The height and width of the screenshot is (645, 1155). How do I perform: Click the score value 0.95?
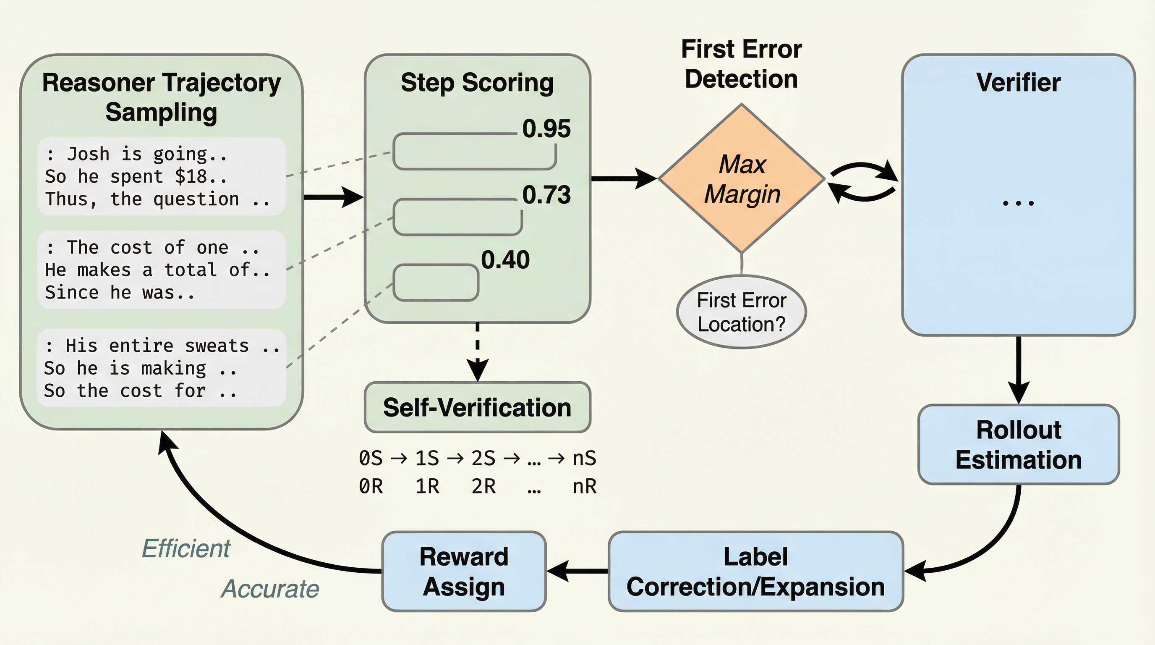click(546, 129)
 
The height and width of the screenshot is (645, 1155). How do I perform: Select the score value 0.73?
click(546, 195)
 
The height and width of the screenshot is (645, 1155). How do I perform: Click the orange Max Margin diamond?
click(742, 178)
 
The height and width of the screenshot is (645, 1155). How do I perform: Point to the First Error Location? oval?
click(742, 312)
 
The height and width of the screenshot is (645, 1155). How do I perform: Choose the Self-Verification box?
click(478, 407)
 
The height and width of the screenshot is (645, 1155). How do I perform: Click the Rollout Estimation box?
click(1018, 445)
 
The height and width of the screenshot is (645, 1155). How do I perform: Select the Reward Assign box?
click(464, 572)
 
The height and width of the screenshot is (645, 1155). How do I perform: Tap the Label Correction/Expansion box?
click(755, 572)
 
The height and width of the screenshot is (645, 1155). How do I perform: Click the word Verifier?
click(1018, 83)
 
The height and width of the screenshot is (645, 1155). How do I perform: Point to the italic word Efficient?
click(186, 548)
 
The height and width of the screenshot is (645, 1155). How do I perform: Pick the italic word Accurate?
click(270, 588)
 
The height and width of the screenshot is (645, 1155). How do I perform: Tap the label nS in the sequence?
click(584, 459)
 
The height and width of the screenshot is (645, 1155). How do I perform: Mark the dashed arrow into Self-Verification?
click(478, 352)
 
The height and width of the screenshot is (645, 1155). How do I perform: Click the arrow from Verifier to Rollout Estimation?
click(1018, 370)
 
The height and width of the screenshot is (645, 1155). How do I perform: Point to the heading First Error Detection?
click(742, 64)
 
